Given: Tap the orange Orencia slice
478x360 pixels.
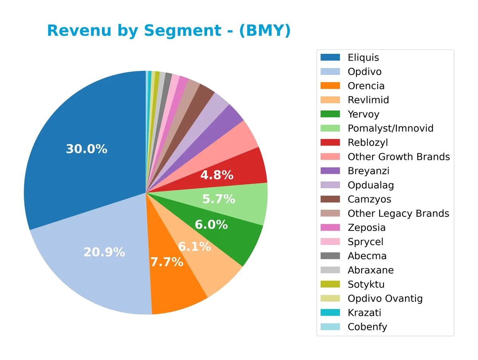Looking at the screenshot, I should point(175,287).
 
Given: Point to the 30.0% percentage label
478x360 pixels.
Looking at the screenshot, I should point(86,149).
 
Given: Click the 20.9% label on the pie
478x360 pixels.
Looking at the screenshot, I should point(104,252).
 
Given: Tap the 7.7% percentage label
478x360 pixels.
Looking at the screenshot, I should point(167,262).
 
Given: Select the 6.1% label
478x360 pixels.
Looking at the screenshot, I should point(194,247).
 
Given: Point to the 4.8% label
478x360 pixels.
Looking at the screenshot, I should point(217,175).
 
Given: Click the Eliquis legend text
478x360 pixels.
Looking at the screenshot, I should point(363,57).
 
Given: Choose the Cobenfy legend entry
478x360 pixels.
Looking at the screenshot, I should point(367,327).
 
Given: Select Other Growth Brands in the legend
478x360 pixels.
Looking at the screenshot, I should point(399,157).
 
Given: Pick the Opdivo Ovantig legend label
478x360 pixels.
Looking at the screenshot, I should point(385,299).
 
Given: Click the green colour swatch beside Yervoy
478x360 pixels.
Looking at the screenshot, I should point(330,114).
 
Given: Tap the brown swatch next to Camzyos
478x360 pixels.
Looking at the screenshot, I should point(330,199).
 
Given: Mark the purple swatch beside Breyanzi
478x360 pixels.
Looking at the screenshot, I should point(330,171).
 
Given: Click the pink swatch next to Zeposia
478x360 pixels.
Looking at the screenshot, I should point(330,228).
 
